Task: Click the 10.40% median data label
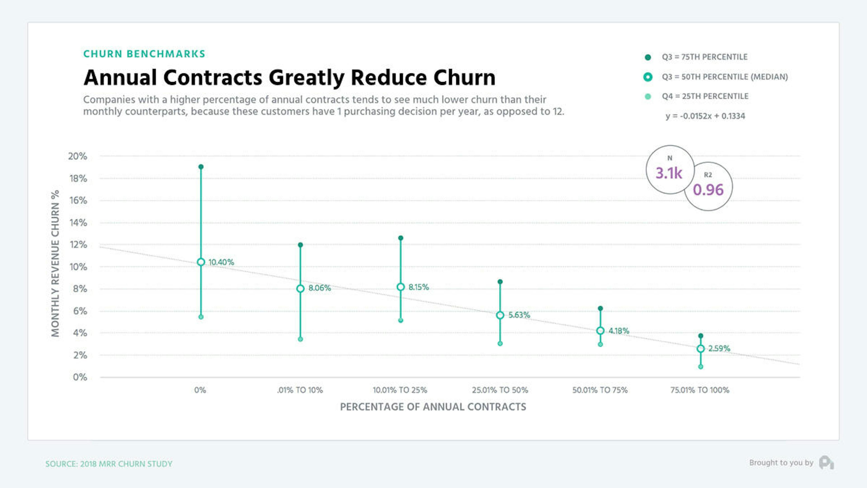pyautogui.click(x=221, y=262)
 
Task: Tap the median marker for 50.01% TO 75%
pyautogui.click(x=600, y=331)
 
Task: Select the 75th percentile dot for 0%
pyautogui.click(x=201, y=167)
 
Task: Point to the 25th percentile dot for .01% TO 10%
pyautogui.click(x=301, y=339)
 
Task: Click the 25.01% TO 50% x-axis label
pyautogui.click(x=500, y=390)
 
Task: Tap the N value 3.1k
pyautogui.click(x=669, y=173)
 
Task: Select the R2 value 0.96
pyautogui.click(x=708, y=190)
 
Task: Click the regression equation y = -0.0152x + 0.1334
pyautogui.click(x=705, y=116)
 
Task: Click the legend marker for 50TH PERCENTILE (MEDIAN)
pyautogui.click(x=648, y=77)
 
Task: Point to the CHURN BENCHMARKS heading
pyautogui.click(x=144, y=54)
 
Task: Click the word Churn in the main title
pyautogui.click(x=464, y=78)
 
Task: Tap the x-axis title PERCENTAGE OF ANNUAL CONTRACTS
pyautogui.click(x=433, y=407)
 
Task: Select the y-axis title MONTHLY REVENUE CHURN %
pyautogui.click(x=55, y=263)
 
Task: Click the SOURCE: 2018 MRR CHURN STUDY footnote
pyautogui.click(x=109, y=464)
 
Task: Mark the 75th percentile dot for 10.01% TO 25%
pyautogui.click(x=401, y=238)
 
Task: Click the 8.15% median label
pyautogui.click(x=418, y=287)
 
